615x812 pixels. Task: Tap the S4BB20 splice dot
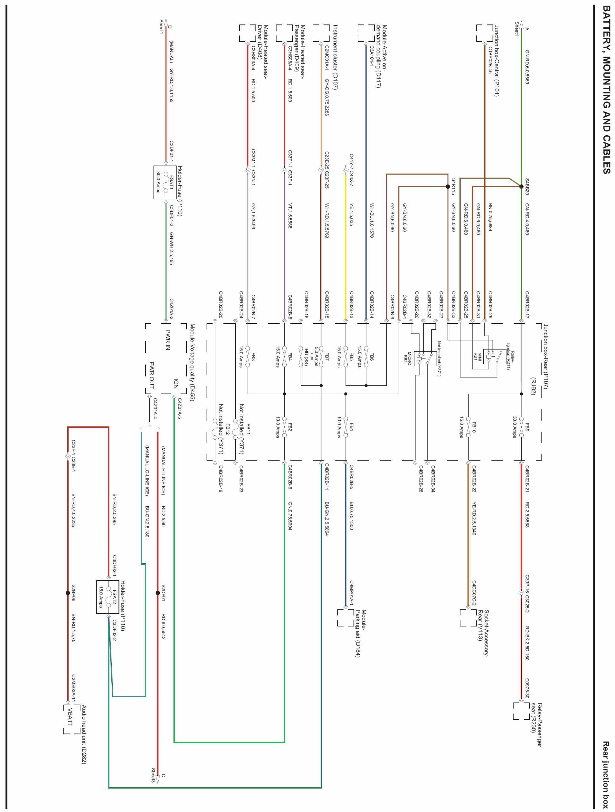[521, 186]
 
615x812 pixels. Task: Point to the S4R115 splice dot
[447, 186]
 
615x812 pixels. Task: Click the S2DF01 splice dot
[158, 593]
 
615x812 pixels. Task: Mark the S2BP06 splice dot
[68, 593]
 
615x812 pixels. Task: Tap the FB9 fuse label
[527, 427]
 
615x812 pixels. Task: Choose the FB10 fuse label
[474, 427]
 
